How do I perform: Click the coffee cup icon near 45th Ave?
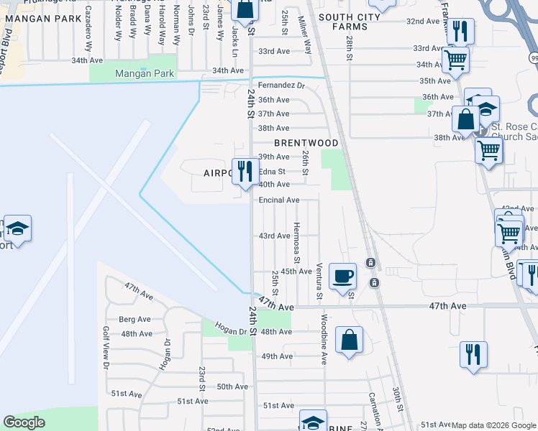[342, 275]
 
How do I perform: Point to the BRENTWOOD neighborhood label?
[306, 144]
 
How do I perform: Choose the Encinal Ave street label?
[279, 200]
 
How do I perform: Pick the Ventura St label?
[319, 281]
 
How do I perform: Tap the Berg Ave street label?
[134, 319]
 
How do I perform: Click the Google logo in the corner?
[24, 422]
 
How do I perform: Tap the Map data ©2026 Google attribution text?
[494, 425]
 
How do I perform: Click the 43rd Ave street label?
[274, 236]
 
